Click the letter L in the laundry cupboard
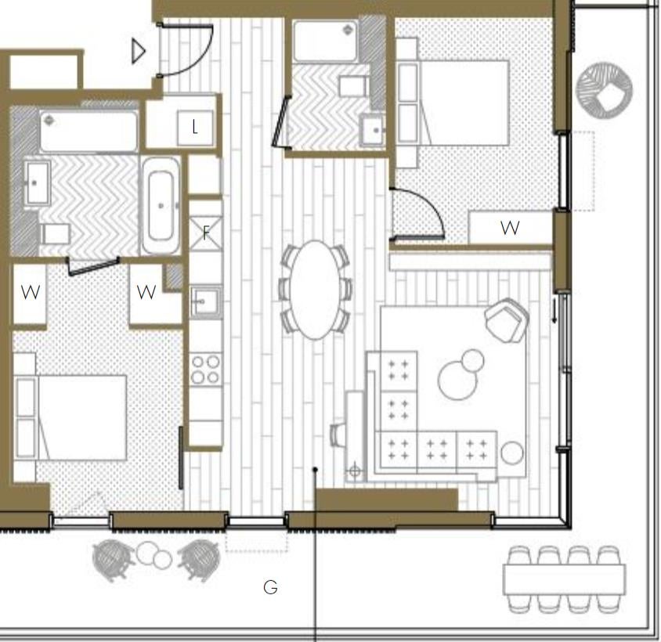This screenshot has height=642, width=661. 194,127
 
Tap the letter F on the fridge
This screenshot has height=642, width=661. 206,233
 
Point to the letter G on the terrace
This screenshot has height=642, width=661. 271,586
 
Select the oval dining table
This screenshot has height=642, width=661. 316,290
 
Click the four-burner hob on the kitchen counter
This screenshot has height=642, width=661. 205,370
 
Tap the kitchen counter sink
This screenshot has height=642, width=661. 205,301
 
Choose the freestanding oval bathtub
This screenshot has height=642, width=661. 161,206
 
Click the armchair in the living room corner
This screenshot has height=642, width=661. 507,320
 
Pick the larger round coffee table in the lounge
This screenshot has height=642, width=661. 458,381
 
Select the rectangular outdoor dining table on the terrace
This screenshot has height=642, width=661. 564,579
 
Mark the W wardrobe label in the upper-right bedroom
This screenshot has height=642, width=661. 510,228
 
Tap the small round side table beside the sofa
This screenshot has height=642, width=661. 512,453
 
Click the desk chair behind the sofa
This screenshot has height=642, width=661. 338,435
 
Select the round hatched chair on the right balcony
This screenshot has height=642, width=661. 604,90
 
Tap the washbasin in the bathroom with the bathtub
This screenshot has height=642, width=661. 36,183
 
